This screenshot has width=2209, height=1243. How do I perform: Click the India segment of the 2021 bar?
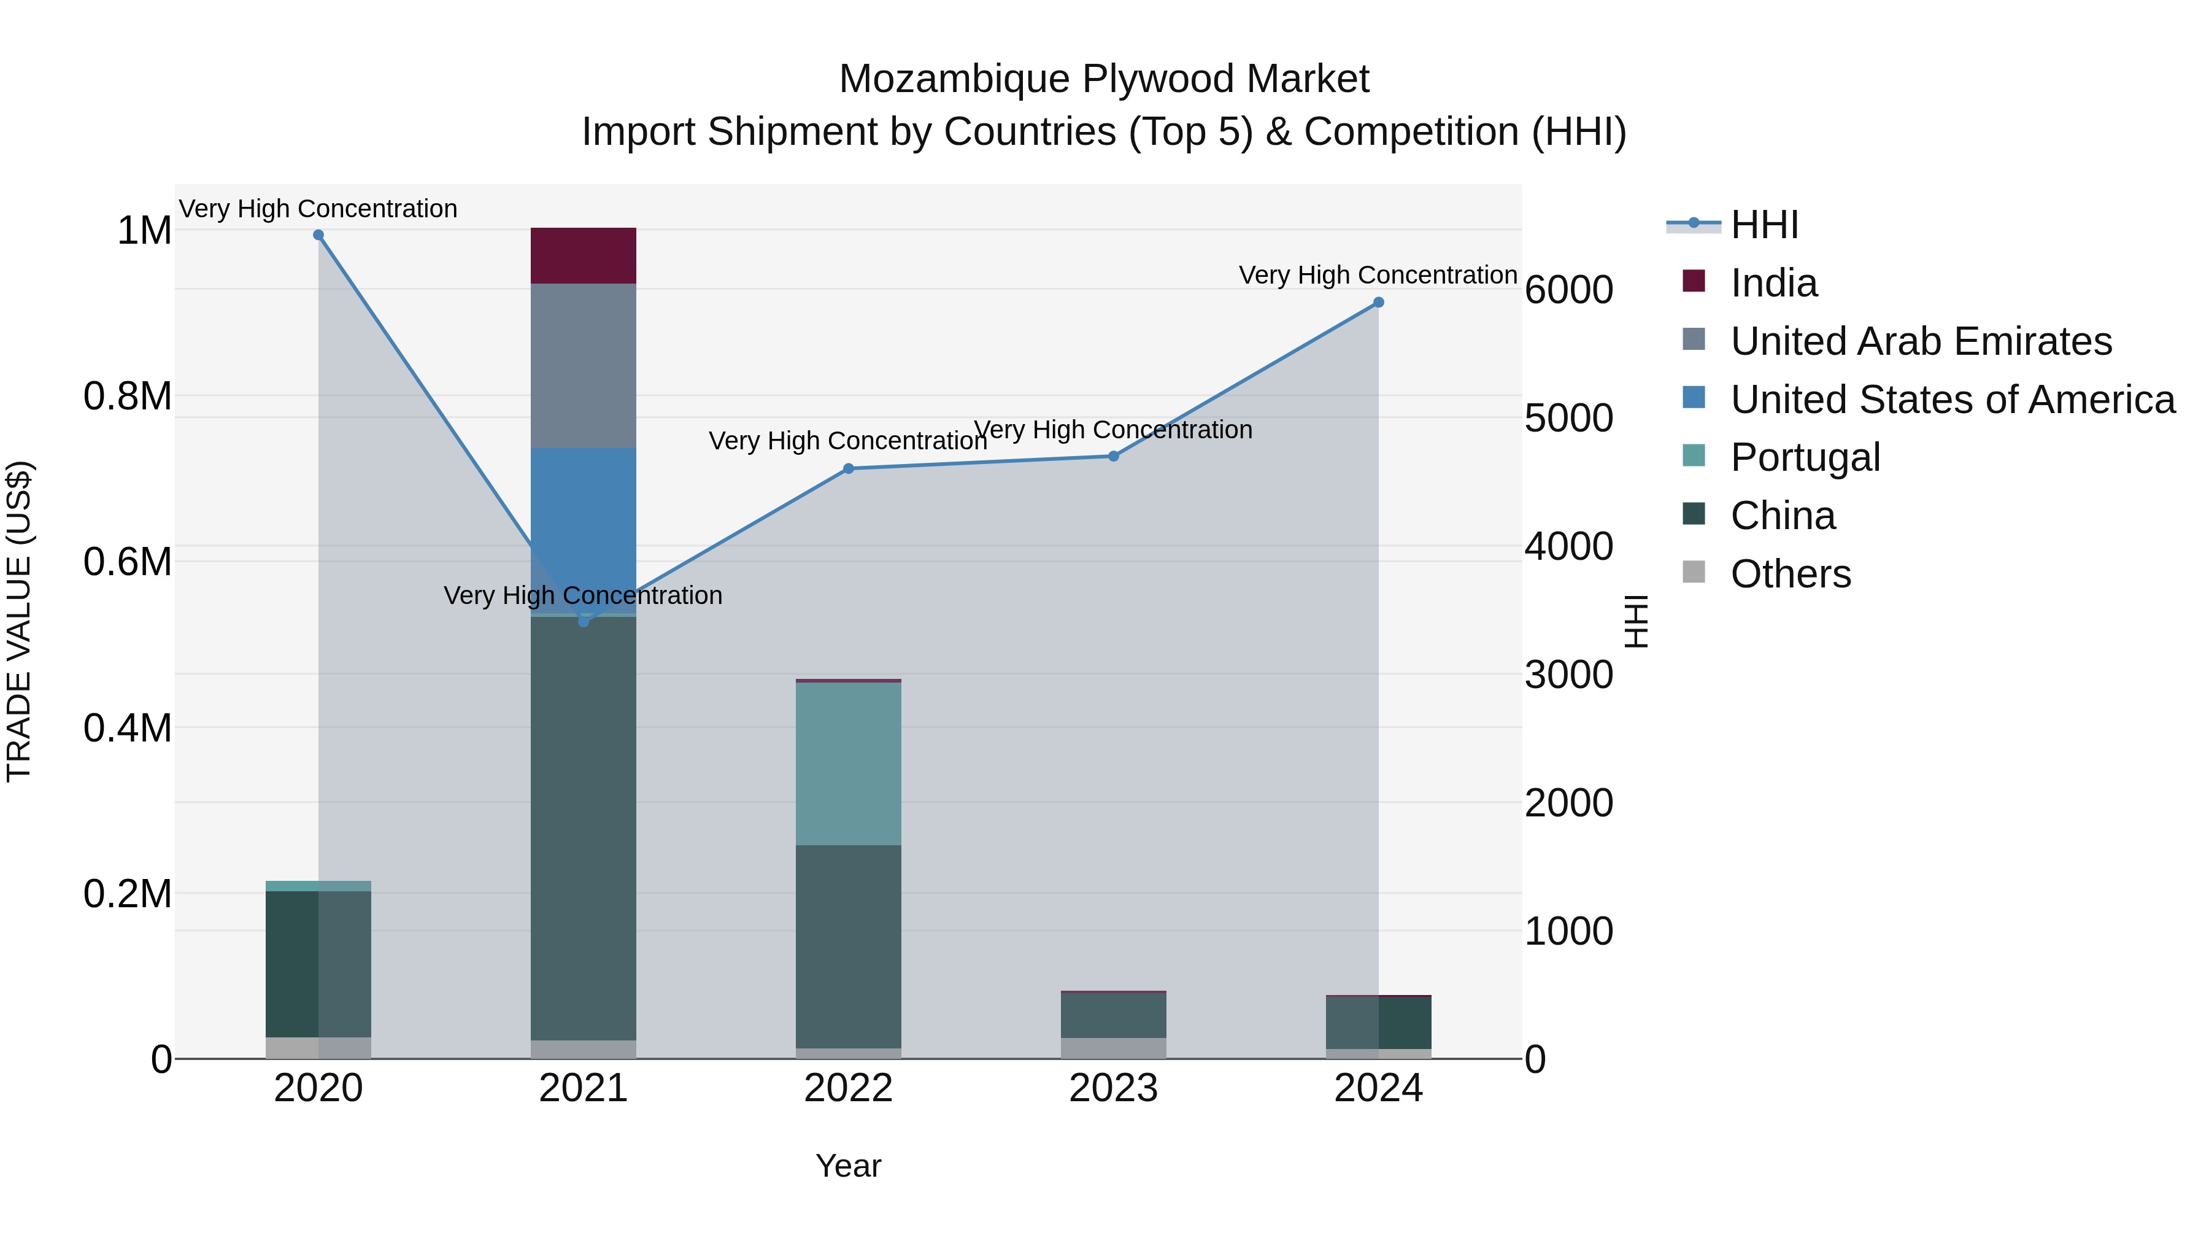(x=583, y=255)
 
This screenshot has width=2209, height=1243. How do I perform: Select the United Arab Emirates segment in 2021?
(x=583, y=365)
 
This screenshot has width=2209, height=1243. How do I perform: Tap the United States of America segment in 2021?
(x=583, y=523)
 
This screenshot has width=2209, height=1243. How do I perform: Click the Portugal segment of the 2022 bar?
(x=848, y=764)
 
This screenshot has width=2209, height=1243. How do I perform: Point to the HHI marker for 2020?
(x=318, y=235)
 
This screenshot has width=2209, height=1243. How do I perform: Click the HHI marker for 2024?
(x=1378, y=303)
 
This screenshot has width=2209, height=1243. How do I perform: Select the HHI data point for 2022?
(x=848, y=468)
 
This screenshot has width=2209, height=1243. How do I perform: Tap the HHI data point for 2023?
(x=1113, y=456)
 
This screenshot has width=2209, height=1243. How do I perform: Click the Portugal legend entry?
(x=1805, y=457)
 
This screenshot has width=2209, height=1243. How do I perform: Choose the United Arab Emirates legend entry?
(x=1921, y=341)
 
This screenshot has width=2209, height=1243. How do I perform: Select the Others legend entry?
(x=1791, y=574)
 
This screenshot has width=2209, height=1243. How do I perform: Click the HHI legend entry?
(x=1764, y=225)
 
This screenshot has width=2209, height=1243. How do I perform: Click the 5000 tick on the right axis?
(x=1568, y=419)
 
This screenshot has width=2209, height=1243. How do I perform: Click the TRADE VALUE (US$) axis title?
(x=19, y=621)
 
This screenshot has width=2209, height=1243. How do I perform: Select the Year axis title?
(x=848, y=1166)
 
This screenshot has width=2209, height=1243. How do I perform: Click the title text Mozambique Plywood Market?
(x=1104, y=79)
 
